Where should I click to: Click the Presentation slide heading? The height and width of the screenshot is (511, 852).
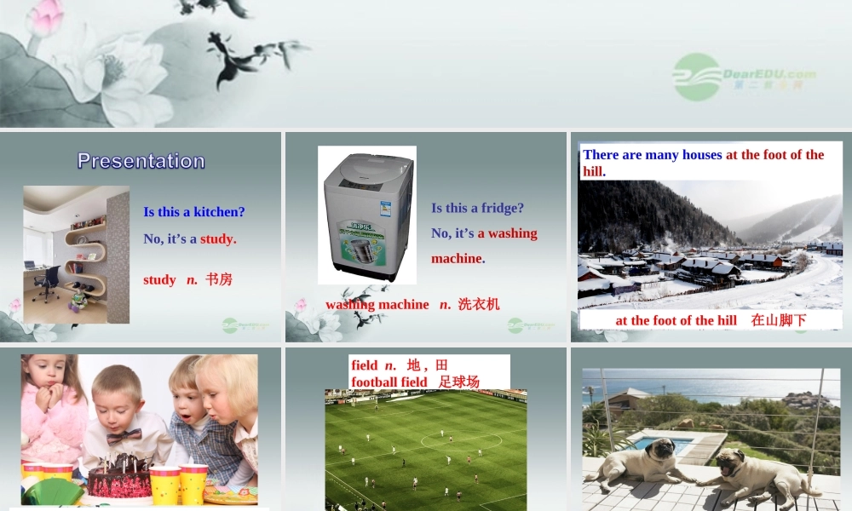(141, 161)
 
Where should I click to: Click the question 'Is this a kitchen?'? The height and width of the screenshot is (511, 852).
(194, 212)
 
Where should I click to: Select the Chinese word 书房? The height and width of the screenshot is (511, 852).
(219, 279)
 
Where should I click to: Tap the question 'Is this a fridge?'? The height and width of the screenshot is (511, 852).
(478, 208)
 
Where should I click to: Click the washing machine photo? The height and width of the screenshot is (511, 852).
(367, 215)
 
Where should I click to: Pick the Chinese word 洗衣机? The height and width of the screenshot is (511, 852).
(479, 304)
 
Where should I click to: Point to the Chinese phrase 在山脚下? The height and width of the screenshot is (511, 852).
(779, 320)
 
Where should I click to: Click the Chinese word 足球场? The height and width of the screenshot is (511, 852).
(460, 382)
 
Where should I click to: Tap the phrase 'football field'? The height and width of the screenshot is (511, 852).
(389, 382)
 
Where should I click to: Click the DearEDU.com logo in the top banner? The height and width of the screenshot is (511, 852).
(744, 76)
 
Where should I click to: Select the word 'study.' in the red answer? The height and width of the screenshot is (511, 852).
(218, 238)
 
